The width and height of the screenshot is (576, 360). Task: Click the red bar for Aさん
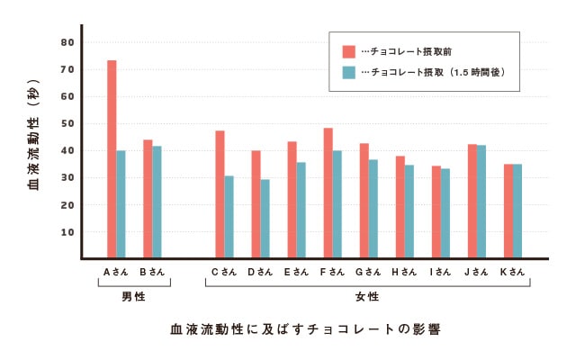click(x=112, y=159)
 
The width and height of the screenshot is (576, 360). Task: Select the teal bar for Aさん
click(x=121, y=204)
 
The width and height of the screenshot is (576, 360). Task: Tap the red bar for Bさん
click(x=148, y=199)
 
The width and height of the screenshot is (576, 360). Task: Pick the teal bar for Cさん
click(x=229, y=217)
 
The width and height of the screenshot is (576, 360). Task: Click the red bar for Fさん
click(x=328, y=193)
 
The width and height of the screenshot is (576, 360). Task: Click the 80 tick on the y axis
click(x=67, y=42)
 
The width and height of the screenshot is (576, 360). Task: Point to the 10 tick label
click(x=67, y=231)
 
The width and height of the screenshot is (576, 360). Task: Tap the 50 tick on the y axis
click(x=67, y=123)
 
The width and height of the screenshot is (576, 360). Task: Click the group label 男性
click(x=133, y=296)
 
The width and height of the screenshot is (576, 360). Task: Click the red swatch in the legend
click(x=349, y=50)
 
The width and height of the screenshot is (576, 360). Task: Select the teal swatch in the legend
click(x=349, y=71)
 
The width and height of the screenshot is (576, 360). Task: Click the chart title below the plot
click(x=305, y=328)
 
